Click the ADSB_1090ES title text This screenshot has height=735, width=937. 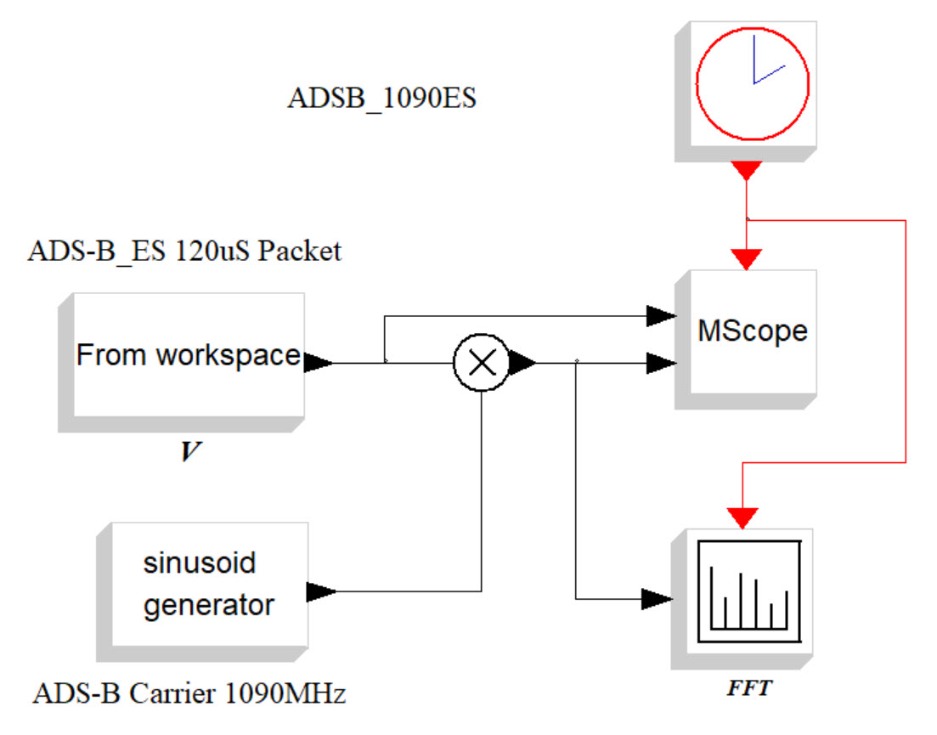coord(382,99)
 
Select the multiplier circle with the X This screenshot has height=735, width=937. coord(482,363)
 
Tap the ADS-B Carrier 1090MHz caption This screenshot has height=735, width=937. coord(189,694)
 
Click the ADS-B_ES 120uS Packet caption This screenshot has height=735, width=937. coord(184,252)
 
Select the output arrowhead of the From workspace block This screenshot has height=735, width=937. coord(318,363)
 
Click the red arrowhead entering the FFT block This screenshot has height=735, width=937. coord(744,517)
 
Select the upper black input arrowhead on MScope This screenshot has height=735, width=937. coord(660,316)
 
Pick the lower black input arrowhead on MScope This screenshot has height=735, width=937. coord(660,364)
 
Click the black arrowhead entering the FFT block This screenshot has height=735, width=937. coord(657,599)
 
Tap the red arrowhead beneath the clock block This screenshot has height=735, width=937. coord(746,171)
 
